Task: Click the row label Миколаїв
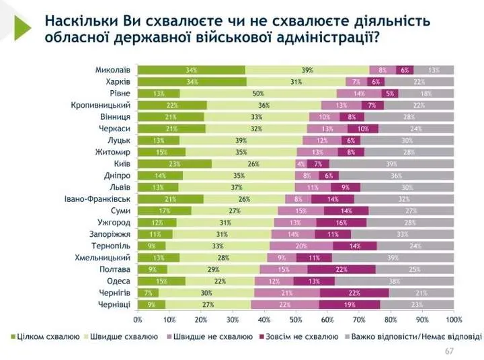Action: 112,70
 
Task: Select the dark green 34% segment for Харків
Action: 191,81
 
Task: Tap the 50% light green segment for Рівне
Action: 257,94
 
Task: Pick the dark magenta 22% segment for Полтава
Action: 341,269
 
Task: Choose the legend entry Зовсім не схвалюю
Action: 300,336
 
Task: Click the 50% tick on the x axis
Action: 296,319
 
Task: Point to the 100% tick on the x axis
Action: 453,319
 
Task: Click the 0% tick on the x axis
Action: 138,319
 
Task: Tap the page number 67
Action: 450,351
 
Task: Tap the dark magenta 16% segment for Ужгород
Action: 341,222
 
